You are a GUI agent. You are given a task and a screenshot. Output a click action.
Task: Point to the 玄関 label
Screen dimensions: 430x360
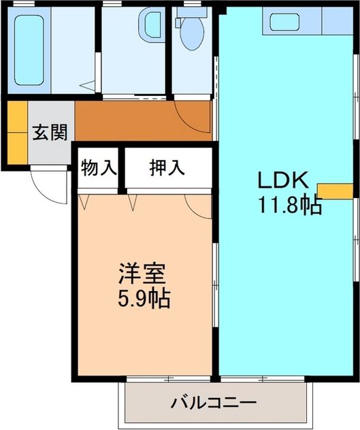point(50,132)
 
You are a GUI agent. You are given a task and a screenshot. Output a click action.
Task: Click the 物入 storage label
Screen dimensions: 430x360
point(98,167)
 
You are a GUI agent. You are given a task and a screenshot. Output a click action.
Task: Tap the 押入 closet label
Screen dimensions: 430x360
point(167,167)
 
